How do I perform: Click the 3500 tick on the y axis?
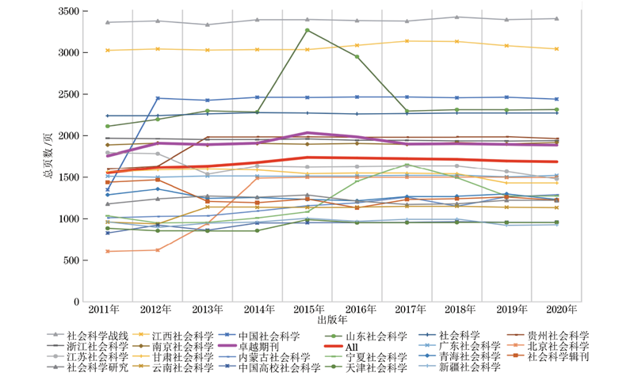67,11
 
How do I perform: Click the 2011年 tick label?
105,309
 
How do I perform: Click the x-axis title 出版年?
333,320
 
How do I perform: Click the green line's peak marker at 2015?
307,30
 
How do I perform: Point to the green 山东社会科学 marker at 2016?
357,57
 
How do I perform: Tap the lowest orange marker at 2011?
108,251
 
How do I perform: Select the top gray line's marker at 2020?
556,18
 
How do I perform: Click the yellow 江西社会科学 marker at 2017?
407,41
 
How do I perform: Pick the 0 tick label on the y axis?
76,302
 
